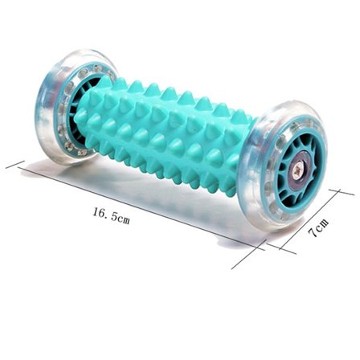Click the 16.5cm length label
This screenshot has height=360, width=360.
111,215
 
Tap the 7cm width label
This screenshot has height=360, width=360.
318,227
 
